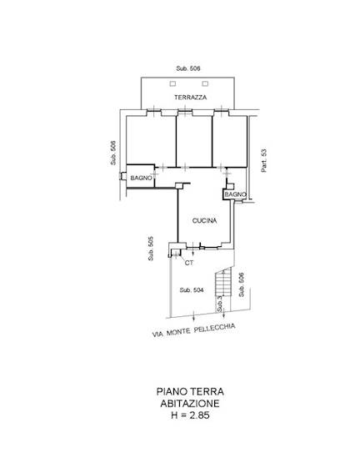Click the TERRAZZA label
coord(190,98)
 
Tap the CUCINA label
coord(205,221)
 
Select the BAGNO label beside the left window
coord(141,178)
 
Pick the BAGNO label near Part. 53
coord(236,194)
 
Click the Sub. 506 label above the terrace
coord(188,68)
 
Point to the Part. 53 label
coord(264,160)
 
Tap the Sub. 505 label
coord(151,249)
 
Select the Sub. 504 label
coord(192,290)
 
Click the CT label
coord(189,263)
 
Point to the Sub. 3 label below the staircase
coord(220,304)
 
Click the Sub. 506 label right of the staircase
coord(242,284)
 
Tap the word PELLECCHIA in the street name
coord(215,329)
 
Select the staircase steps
coord(223,282)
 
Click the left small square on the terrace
coord(172,84)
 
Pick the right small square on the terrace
coord(205,84)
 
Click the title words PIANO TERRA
coord(190,391)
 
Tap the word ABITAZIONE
coord(190,404)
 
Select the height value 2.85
coord(200,415)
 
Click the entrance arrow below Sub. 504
coord(194,316)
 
